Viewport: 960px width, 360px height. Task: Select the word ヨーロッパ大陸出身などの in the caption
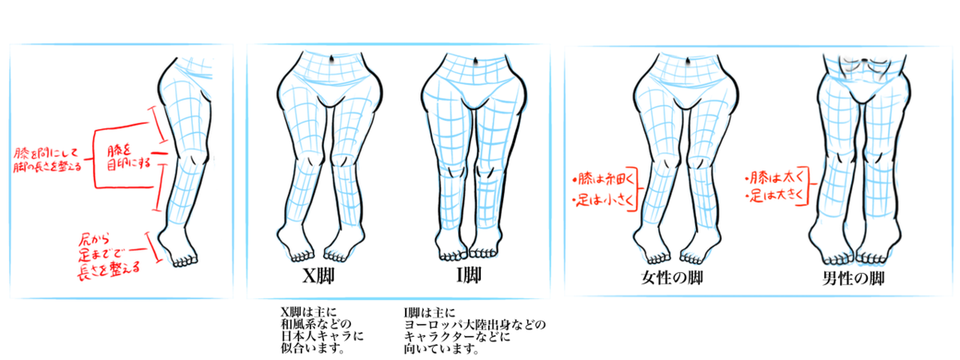tap(474, 325)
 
